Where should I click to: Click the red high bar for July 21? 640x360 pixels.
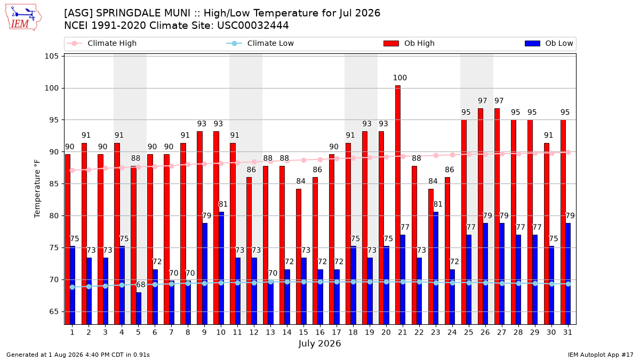coord(398,205)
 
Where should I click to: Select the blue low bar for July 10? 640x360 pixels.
coord(221,268)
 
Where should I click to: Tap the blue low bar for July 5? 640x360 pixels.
coord(139,309)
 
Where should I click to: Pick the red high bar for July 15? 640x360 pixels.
coord(299,257)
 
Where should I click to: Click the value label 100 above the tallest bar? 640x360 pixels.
coord(399,78)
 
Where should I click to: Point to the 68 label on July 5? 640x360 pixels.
coord(141,285)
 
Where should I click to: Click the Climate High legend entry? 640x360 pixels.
coord(102,43)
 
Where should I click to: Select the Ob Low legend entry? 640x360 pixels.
coord(549,43)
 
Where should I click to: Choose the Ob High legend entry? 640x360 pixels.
coord(409,43)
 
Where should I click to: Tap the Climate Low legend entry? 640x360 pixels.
coord(260,43)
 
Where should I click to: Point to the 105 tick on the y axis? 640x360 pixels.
coord(51,56)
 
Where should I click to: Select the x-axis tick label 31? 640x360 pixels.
coord(567,332)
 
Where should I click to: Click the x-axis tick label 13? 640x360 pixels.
coord(270,332)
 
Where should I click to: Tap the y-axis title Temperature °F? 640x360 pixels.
coord(37,189)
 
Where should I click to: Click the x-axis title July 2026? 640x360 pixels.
coord(319,343)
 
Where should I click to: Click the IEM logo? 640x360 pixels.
coord(23,18)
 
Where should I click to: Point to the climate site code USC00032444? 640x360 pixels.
coord(253,26)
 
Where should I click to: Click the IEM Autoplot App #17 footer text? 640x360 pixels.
coord(601,355)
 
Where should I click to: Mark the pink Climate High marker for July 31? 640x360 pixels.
coord(569,153)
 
